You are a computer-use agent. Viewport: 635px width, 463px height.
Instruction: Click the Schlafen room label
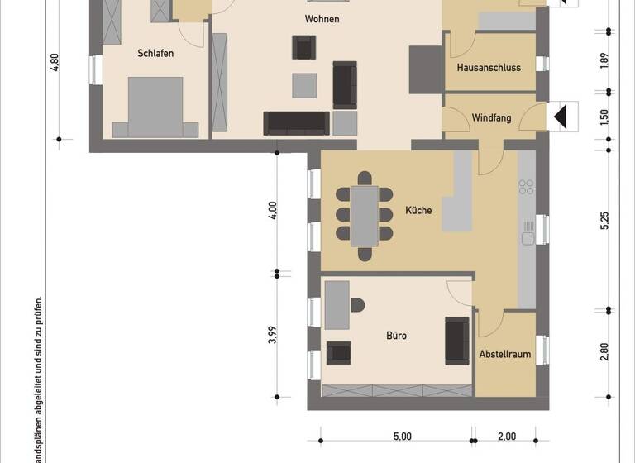[155, 53]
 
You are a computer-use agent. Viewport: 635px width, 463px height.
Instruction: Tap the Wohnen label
[322, 18]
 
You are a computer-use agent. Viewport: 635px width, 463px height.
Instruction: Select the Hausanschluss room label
[489, 68]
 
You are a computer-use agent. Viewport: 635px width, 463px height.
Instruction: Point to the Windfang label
[491, 118]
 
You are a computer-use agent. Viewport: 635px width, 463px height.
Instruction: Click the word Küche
[418, 211]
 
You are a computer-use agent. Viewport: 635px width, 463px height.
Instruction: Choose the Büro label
[397, 336]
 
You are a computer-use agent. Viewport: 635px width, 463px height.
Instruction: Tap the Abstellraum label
[505, 355]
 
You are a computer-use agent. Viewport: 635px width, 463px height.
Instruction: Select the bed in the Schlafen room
[155, 106]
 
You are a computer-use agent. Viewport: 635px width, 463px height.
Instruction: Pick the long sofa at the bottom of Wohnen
[296, 123]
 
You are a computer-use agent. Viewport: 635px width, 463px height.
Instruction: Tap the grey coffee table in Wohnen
[304, 85]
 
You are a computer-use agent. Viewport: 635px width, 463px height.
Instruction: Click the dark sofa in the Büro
[456, 340]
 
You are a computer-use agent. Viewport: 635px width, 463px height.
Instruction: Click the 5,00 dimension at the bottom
[402, 437]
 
